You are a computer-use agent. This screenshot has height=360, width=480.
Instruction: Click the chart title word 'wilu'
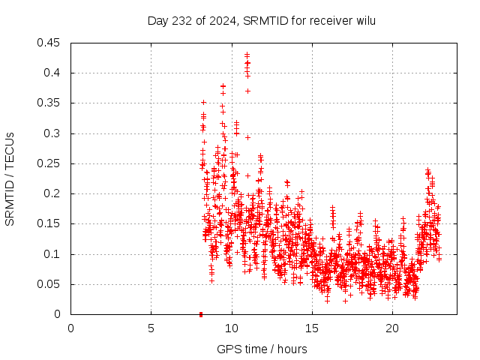click(365, 20)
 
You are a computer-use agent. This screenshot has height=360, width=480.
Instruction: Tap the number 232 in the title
click(178, 20)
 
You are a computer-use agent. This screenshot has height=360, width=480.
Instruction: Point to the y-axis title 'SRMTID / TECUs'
click(10, 179)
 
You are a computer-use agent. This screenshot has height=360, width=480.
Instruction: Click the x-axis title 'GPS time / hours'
click(262, 349)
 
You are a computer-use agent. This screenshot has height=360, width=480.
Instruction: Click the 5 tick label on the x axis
click(151, 328)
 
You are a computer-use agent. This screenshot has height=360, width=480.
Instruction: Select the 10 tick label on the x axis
click(231, 328)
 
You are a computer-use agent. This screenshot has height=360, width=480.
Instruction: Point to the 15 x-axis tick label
click(311, 328)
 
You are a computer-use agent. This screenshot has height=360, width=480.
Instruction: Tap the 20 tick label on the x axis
click(391, 328)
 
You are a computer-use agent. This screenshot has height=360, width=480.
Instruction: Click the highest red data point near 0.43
click(247, 55)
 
